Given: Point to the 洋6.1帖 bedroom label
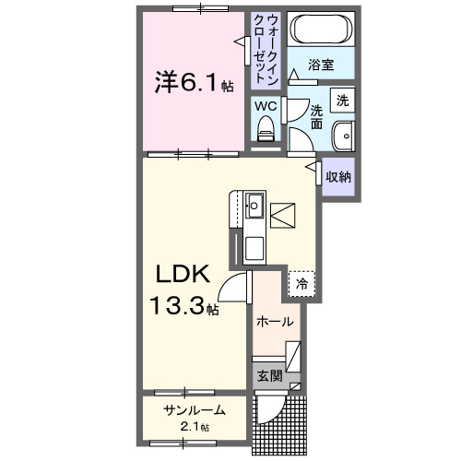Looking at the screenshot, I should coord(192,82).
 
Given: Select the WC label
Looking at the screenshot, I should coord(265,106).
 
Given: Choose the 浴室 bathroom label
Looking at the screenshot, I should coord(320,65).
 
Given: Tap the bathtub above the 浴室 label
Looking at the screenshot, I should coord(319,30).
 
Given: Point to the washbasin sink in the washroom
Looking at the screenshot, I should coord(344,134).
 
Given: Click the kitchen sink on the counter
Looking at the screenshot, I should coord(254,205).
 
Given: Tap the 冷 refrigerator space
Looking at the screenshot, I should coord(301,285).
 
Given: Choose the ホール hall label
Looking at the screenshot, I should coord(275,323).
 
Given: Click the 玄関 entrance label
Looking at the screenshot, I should coord(268,375).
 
